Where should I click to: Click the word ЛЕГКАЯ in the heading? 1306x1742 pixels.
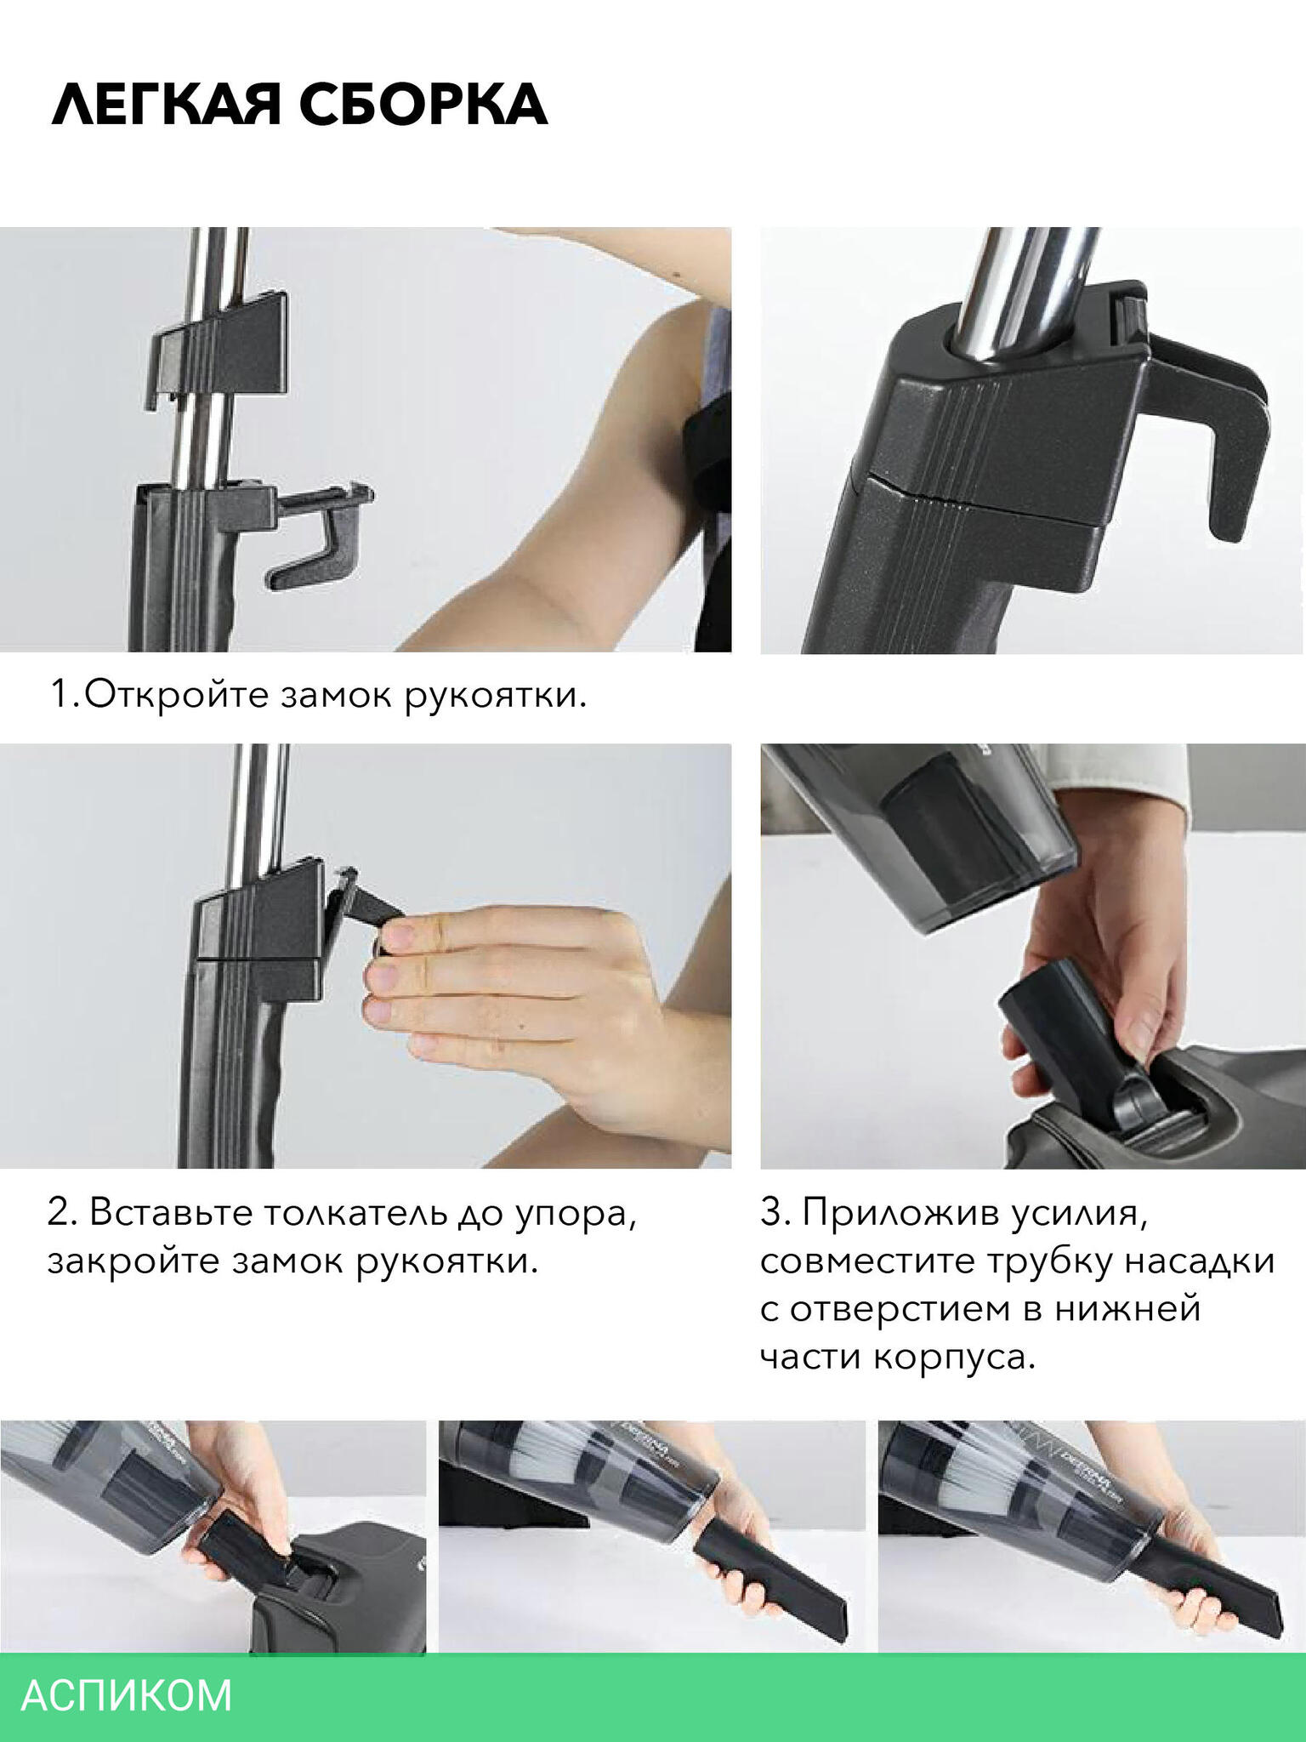point(168,106)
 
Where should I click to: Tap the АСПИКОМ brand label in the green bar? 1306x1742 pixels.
point(126,1695)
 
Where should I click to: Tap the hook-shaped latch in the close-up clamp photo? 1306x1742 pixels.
point(1224,425)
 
